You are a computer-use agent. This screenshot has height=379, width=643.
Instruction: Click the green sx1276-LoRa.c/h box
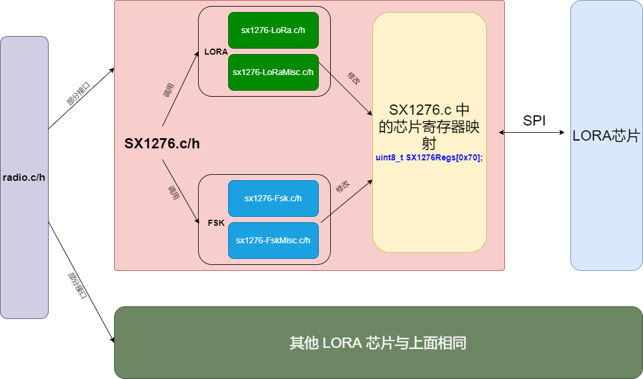click(x=273, y=30)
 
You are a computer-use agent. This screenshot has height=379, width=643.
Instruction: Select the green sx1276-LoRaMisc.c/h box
click(x=273, y=72)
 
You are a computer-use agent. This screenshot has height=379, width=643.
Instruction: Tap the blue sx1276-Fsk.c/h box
click(x=273, y=198)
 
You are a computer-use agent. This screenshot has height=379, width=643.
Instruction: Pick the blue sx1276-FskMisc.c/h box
click(x=273, y=240)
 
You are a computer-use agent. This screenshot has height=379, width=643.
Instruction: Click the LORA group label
click(x=216, y=52)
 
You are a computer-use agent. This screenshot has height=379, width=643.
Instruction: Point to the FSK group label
click(x=216, y=223)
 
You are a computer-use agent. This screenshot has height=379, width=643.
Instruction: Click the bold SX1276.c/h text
click(x=162, y=144)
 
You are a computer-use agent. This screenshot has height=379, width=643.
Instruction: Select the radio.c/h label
click(x=24, y=177)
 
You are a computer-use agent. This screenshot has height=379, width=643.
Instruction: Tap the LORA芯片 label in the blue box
click(x=606, y=136)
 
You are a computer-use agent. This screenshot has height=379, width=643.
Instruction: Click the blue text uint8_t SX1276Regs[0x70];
click(x=429, y=157)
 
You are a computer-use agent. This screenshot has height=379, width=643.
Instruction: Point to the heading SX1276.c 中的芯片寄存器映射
click(x=429, y=127)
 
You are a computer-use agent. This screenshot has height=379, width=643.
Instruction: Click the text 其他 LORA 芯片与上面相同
click(x=378, y=344)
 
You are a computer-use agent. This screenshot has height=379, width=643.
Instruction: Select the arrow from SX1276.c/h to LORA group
click(x=180, y=90)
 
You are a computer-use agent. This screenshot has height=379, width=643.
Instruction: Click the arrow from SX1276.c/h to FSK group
click(x=180, y=192)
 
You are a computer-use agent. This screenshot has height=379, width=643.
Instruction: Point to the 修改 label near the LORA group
click(x=354, y=79)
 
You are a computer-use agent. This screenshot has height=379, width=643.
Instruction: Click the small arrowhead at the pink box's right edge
click(x=501, y=132)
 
